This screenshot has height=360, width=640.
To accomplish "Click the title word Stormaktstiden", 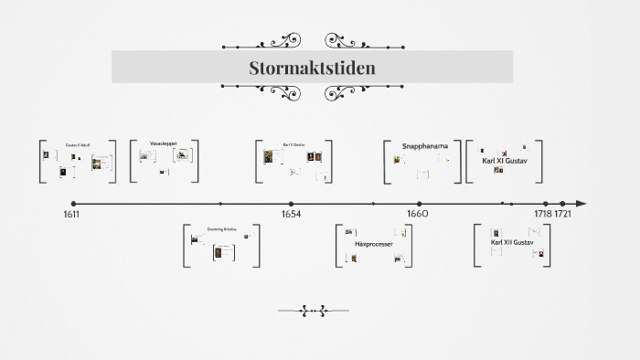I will click(x=312, y=69).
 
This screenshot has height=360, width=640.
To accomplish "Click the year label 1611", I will click(x=71, y=214).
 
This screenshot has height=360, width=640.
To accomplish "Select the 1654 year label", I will click(x=291, y=214).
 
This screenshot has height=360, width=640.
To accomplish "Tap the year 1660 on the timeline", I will click(x=418, y=214).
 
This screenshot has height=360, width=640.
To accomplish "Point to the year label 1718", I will click(x=543, y=214).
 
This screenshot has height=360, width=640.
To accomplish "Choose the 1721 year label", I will click(x=564, y=214).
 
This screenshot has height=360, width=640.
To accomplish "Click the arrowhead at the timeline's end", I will click(x=581, y=204).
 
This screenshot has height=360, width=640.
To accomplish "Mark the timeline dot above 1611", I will click(x=73, y=204).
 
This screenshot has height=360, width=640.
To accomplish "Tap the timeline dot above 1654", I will click(x=291, y=204).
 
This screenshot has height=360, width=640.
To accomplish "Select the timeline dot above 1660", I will click(x=420, y=204).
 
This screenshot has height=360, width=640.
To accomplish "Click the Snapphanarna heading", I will click(x=426, y=145).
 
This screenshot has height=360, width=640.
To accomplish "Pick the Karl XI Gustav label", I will click(x=505, y=161).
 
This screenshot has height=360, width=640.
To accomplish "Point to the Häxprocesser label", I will click(x=373, y=245).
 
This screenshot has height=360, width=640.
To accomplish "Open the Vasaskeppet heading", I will click(x=165, y=143).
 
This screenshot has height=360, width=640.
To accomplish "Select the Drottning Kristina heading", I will click(x=221, y=229).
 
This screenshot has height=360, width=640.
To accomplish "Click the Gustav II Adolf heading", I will click(x=77, y=145).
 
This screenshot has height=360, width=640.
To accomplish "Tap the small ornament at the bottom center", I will click(x=313, y=311).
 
